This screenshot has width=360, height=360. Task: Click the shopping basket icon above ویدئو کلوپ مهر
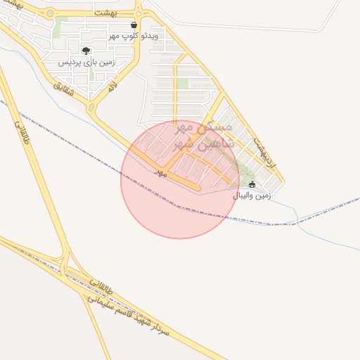tap(134, 25)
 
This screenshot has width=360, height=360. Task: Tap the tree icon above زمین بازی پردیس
tap(86, 51)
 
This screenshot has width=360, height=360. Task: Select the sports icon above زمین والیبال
tap(252, 184)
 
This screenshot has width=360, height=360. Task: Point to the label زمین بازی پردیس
tap(85, 62)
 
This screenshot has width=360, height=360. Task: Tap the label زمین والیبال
tap(253, 195)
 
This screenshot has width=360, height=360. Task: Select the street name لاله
tap(111, 88)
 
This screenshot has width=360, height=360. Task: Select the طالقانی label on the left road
tap(22, 131)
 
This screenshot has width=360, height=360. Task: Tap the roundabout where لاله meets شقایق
tap(91, 108)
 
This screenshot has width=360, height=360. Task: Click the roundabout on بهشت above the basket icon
tap(139, 13)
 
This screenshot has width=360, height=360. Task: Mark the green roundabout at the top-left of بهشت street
tap(50, 13)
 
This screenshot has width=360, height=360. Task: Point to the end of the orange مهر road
tap(198, 188)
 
